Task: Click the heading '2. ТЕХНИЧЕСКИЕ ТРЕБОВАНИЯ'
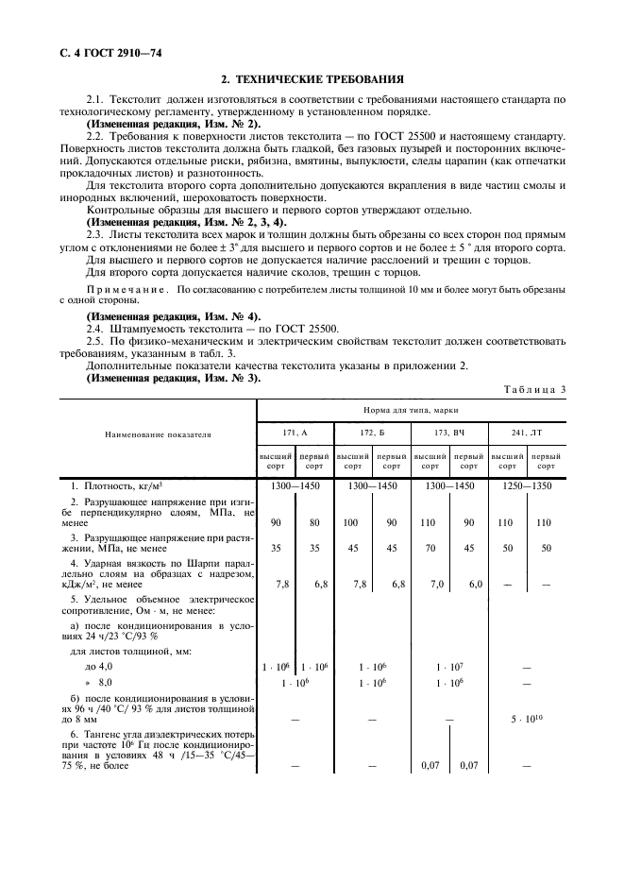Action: [x=312, y=80]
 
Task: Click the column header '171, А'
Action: [x=295, y=432]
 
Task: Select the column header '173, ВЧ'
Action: [x=449, y=432]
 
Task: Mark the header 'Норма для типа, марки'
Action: [x=412, y=408]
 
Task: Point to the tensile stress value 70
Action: [x=430, y=547]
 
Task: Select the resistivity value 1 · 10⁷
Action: [x=449, y=666]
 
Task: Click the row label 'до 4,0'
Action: [x=99, y=666]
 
